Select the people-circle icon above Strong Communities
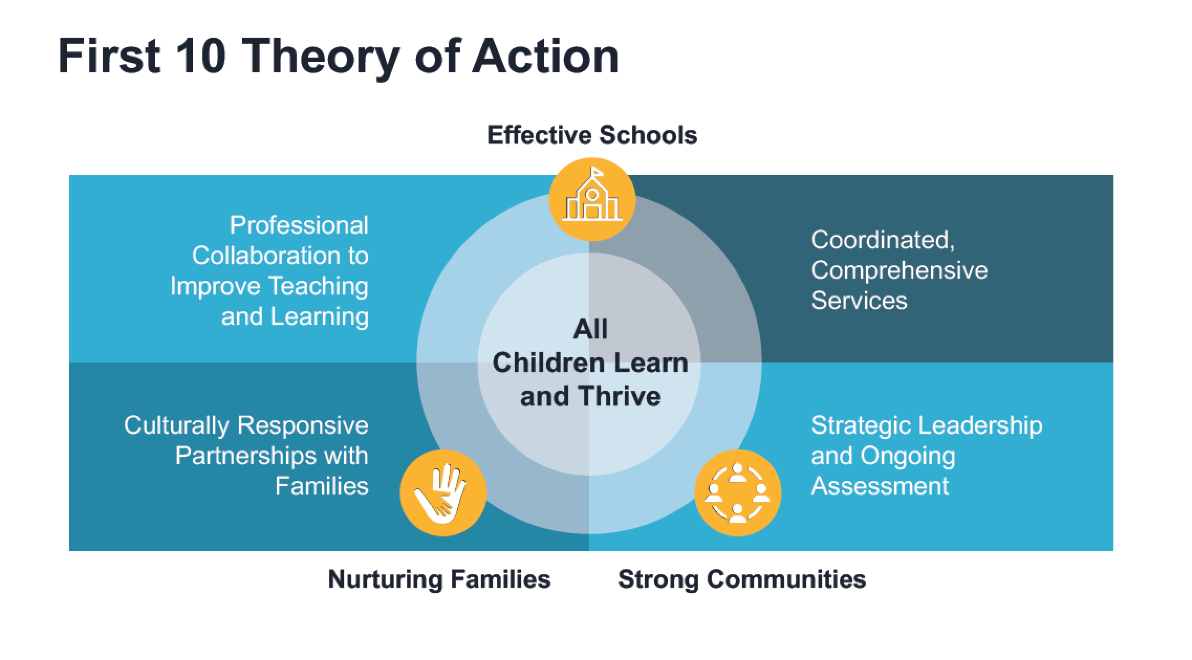pos(738,493)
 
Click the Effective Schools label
pos(592,135)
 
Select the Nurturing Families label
pos(439,579)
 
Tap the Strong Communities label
pos(742,579)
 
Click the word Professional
pos(299,225)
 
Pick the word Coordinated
pos(883,240)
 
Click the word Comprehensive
pos(900,271)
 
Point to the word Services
pos(859,301)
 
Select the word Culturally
pos(177,425)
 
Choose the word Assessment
pos(880,486)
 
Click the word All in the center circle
pos(590,329)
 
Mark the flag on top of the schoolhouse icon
pos(596,172)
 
